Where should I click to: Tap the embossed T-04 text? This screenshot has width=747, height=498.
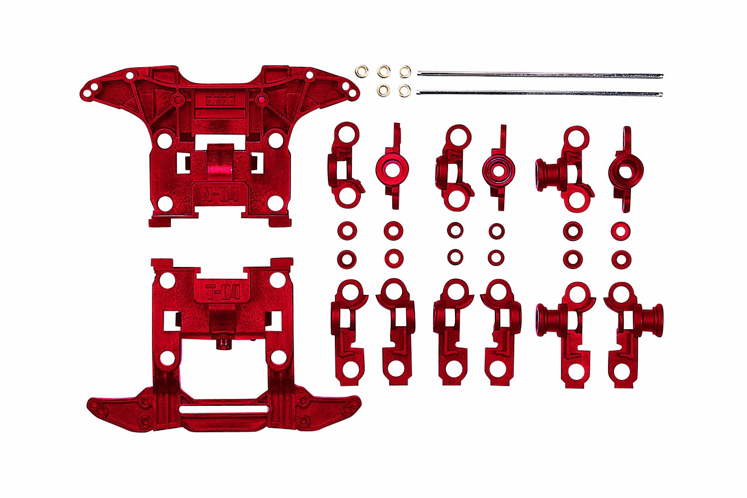[x=223, y=292]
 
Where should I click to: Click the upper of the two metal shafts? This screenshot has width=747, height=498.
[x=540, y=75]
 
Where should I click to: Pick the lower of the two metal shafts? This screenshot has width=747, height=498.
[x=540, y=93]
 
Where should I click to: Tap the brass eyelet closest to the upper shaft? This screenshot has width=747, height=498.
[x=405, y=72]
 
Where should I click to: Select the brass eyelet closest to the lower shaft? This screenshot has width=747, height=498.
[x=405, y=90]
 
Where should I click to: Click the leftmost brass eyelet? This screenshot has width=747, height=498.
[x=362, y=71]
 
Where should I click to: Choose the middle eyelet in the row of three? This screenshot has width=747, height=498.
[x=384, y=71]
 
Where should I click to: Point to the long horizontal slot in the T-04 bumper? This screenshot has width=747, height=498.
[x=223, y=409]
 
